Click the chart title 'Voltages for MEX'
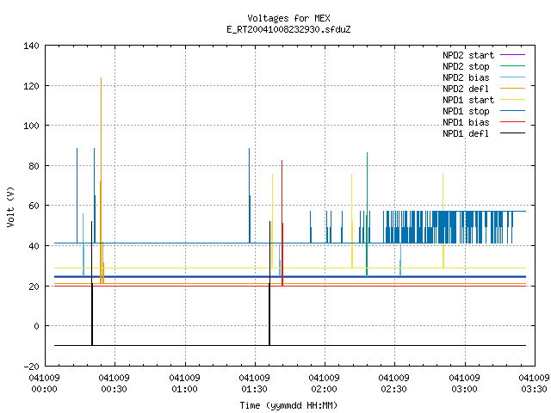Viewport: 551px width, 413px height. pos(288,18)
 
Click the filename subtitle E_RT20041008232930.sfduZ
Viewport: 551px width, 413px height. pos(288,29)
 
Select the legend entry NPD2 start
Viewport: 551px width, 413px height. pos(484,55)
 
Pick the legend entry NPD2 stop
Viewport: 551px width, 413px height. pos(484,66)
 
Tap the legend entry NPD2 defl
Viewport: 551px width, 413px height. pos(484,89)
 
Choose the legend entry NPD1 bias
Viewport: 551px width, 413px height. pos(484,122)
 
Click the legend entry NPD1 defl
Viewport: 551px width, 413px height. pos(484,133)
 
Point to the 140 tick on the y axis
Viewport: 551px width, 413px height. pos(31,46)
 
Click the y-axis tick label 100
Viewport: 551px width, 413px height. pos(31,126)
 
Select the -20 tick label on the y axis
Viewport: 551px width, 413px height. pos(31,367)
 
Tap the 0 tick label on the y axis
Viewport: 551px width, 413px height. pos(36,326)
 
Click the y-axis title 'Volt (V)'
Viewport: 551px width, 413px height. pos(10,206)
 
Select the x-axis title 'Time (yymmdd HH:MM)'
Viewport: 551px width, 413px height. pos(288,405)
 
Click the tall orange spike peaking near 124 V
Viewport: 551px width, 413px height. pos(102,181)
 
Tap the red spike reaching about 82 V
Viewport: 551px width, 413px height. pos(282,223)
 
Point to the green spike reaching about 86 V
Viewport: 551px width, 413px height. pos(368,214)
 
